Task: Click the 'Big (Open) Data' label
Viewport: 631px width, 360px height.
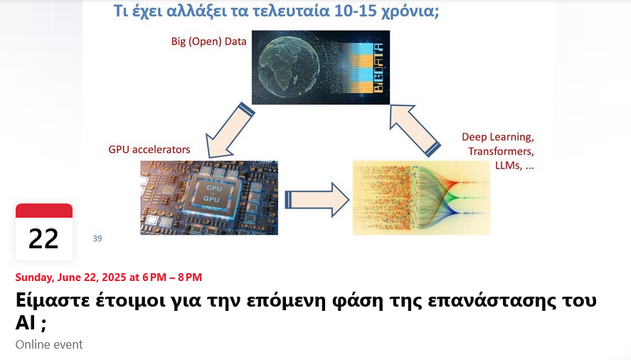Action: coord(208,41)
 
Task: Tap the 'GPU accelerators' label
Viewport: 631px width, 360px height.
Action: coord(149,149)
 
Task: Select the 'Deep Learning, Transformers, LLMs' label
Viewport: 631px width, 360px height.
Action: coord(498,151)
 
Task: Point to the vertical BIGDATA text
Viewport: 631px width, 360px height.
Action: coord(378,68)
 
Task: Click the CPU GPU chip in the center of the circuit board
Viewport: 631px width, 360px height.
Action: coord(212,194)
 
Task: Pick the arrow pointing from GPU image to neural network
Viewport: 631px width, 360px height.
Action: coord(317,200)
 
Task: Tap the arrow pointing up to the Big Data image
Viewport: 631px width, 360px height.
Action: coord(415,130)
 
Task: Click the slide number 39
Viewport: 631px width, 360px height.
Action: coord(97,238)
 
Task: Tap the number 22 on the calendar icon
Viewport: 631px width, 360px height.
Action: coord(43,239)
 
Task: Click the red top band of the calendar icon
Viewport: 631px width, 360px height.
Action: coord(44,211)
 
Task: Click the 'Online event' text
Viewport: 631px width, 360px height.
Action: coord(49,344)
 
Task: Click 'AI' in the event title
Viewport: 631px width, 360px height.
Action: coord(26,322)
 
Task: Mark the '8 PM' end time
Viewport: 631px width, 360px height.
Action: coord(190,277)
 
